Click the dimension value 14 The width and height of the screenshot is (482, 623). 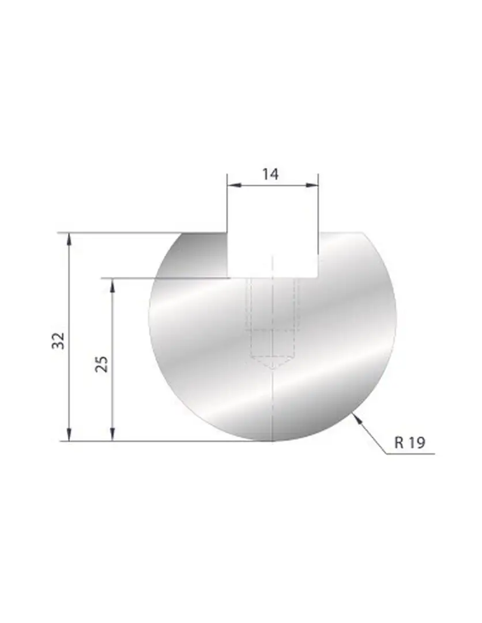click(270, 174)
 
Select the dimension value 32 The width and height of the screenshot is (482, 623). click(58, 340)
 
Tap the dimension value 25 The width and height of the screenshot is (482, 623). click(102, 364)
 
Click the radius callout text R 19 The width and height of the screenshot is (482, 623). click(410, 442)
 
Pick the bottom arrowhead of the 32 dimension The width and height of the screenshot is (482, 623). click(69, 434)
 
